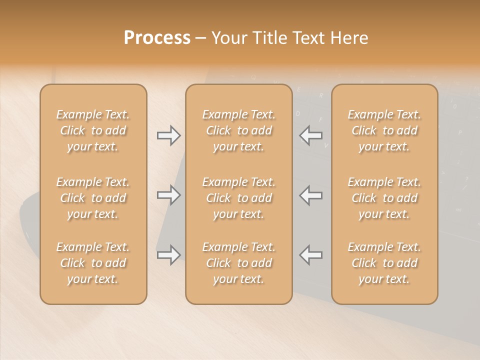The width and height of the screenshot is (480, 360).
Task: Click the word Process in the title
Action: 157,38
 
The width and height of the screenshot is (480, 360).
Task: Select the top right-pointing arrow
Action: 169,135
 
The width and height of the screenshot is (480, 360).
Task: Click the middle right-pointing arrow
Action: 169,195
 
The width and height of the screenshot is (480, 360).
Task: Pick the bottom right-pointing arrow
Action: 169,255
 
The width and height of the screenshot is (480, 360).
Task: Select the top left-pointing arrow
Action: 311,135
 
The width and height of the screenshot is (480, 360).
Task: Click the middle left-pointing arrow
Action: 311,195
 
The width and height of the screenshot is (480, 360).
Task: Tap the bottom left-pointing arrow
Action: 311,255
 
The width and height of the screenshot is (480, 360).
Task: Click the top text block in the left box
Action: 93,130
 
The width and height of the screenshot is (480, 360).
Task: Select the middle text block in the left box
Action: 93,198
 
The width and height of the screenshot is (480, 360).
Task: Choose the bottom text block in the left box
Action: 93,263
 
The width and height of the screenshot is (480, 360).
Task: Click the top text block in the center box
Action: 239,130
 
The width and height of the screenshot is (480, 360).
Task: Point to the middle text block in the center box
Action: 239,198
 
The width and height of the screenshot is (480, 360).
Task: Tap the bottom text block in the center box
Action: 239,263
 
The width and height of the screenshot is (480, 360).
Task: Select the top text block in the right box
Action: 384,130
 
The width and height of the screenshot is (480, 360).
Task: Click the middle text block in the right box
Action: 384,198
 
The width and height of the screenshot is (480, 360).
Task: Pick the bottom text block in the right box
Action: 384,263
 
